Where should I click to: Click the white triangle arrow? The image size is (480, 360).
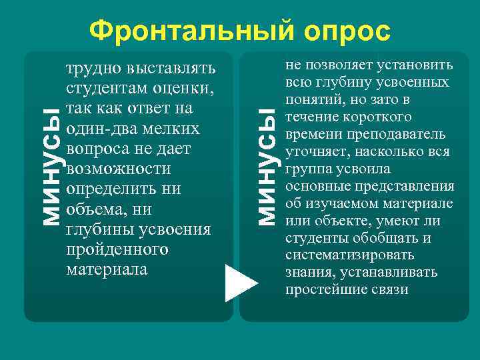click(241, 283)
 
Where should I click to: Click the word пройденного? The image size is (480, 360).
click(117, 250)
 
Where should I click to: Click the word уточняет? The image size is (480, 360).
click(313, 152)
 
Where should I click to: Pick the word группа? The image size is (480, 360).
click(307, 169)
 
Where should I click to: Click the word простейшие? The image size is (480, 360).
click(320, 290)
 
